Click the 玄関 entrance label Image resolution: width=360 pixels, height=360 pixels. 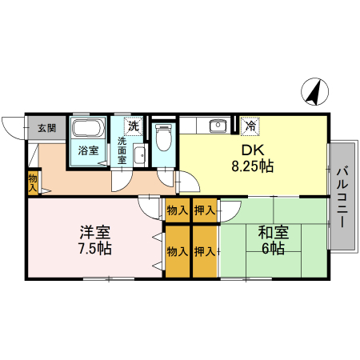point(46,127)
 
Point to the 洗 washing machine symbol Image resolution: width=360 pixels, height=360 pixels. point(133,126)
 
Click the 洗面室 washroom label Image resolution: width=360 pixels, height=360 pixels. point(122,150)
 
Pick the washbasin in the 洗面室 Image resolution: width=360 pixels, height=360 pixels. point(138,154)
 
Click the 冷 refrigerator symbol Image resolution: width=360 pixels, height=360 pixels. point(250,126)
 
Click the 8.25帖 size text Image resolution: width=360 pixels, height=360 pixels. point(253,167)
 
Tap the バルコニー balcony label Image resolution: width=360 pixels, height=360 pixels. point(342,197)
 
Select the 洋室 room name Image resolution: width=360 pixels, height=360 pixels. point(94,233)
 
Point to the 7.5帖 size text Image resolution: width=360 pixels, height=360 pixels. point(94,249)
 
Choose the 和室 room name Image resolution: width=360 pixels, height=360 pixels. point(273,233)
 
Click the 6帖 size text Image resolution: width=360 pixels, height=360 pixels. point(273,249)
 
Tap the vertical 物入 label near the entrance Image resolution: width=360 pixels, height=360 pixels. point(32,182)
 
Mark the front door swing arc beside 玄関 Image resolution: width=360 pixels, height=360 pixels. point(14,125)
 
